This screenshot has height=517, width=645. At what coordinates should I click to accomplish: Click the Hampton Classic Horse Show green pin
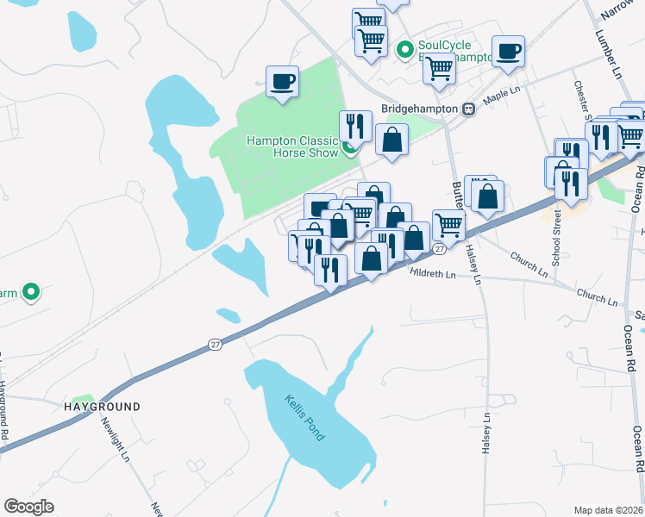click(349, 148)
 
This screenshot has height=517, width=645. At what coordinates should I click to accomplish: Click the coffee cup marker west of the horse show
click(282, 82)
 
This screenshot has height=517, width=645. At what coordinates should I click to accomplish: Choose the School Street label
click(557, 234)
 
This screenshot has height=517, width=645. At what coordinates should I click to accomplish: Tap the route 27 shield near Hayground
click(214, 345)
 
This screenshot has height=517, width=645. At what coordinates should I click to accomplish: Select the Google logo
click(29, 507)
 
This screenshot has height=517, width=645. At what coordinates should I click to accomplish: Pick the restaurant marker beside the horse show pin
click(354, 126)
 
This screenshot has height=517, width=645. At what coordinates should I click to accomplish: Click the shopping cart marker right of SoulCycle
click(440, 68)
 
